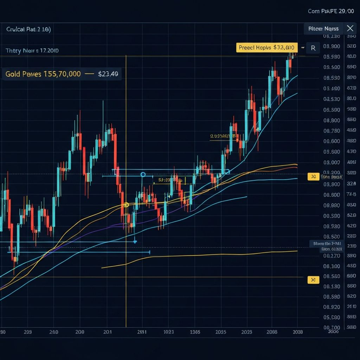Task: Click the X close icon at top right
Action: [x=350, y=28]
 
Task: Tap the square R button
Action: [x=313, y=47]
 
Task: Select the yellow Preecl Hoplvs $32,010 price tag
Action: [x=266, y=47]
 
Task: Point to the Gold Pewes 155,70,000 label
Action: [x=43, y=74]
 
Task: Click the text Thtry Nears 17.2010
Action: [x=32, y=50]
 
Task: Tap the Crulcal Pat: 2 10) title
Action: [x=28, y=29]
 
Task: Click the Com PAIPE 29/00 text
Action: [x=331, y=11]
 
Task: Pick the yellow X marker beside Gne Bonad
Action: [x=313, y=177]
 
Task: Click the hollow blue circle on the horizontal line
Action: [x=143, y=174]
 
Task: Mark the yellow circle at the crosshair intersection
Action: [x=127, y=205]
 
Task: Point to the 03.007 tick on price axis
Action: [x=332, y=162]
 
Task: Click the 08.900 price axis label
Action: [x=331, y=46]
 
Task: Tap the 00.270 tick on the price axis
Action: [x=332, y=256]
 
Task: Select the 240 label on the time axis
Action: [x=54, y=332]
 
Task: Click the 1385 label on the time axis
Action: [x=195, y=332]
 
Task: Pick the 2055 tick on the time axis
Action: [x=221, y=332]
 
